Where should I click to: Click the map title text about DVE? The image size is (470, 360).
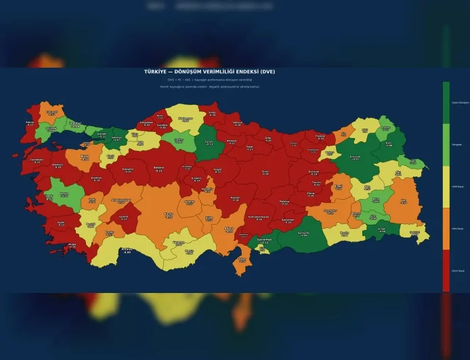209,71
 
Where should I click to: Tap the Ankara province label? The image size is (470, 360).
159,168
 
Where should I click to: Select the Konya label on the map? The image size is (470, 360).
167,215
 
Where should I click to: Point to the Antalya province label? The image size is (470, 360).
127,251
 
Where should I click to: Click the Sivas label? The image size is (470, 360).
266,172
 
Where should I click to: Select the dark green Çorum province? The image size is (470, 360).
209,143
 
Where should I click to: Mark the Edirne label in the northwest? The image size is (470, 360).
30,123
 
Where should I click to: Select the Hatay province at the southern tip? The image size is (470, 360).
242,260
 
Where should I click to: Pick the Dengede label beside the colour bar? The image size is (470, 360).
456,144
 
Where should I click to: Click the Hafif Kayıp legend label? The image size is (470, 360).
456,186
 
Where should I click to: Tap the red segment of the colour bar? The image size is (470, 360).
446,271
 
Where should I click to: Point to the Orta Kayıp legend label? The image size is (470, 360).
456,229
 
